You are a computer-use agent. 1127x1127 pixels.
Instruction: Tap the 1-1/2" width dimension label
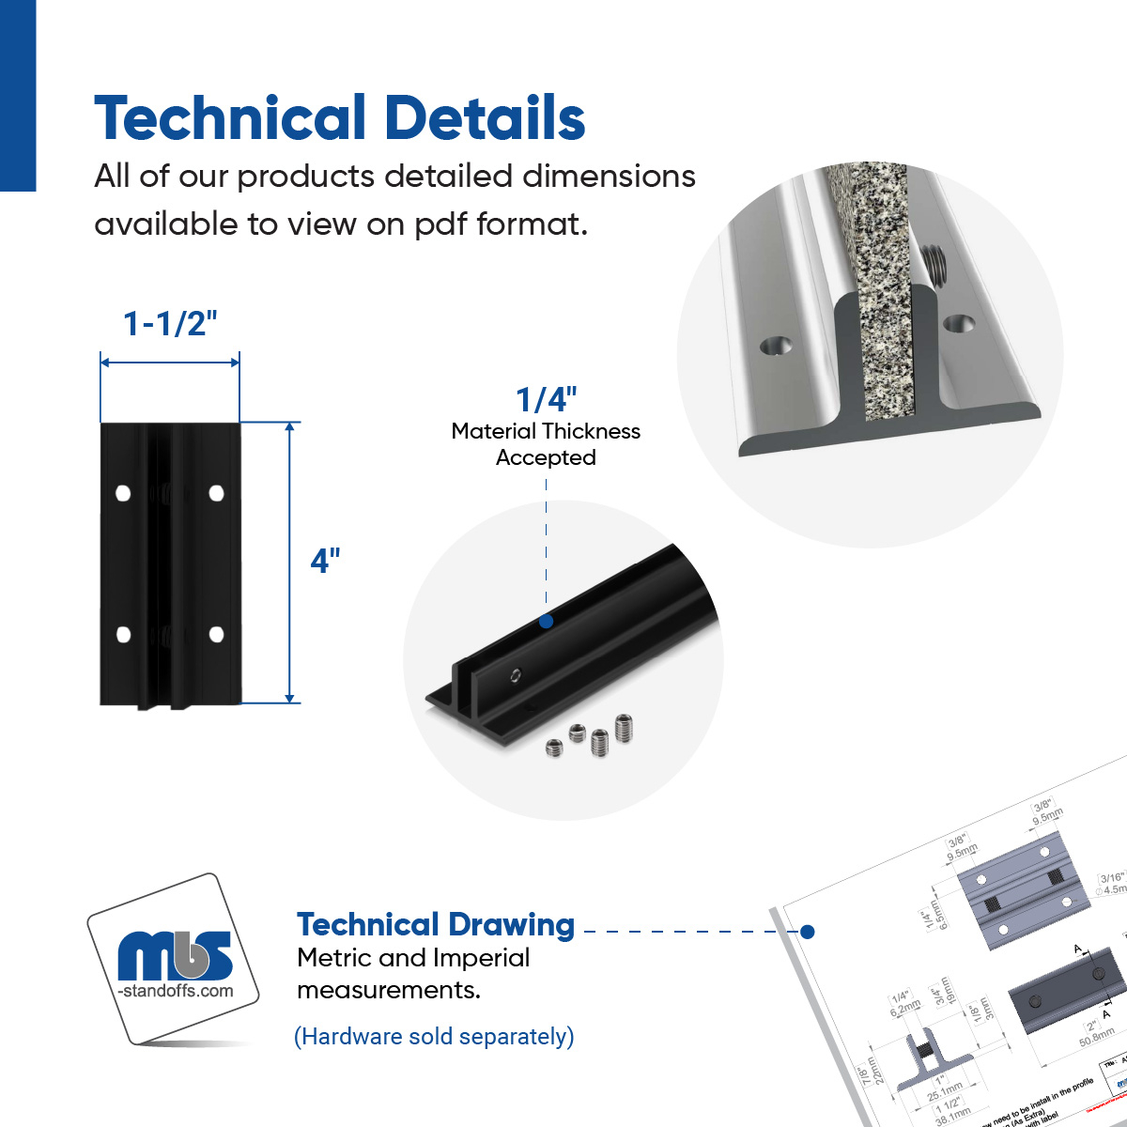coord(170,324)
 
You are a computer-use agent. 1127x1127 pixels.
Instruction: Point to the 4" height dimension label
coord(325,561)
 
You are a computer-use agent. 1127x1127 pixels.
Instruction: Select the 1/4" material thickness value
coord(546,399)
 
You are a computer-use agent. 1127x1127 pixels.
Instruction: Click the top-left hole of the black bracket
coord(123,493)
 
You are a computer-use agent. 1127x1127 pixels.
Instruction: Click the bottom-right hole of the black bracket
coord(216,635)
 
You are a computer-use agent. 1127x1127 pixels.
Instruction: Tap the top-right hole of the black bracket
coord(216,493)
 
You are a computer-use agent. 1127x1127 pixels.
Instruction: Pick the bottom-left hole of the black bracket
coord(123,635)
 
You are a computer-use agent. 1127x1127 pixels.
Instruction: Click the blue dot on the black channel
coord(546,621)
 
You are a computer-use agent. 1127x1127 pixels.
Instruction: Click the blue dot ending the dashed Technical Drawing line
coord(807,932)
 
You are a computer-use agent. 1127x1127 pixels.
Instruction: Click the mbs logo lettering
coord(175,955)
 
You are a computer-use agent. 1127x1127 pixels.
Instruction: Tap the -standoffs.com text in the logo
coord(176,991)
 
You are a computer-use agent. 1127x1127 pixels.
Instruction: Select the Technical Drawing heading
coord(436,924)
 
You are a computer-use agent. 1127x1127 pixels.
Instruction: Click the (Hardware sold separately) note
coord(434,1037)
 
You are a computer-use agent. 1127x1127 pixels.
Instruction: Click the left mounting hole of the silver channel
coord(775,346)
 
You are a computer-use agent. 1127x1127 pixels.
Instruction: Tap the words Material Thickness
coord(546,431)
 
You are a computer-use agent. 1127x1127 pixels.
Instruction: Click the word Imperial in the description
coord(480,958)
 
